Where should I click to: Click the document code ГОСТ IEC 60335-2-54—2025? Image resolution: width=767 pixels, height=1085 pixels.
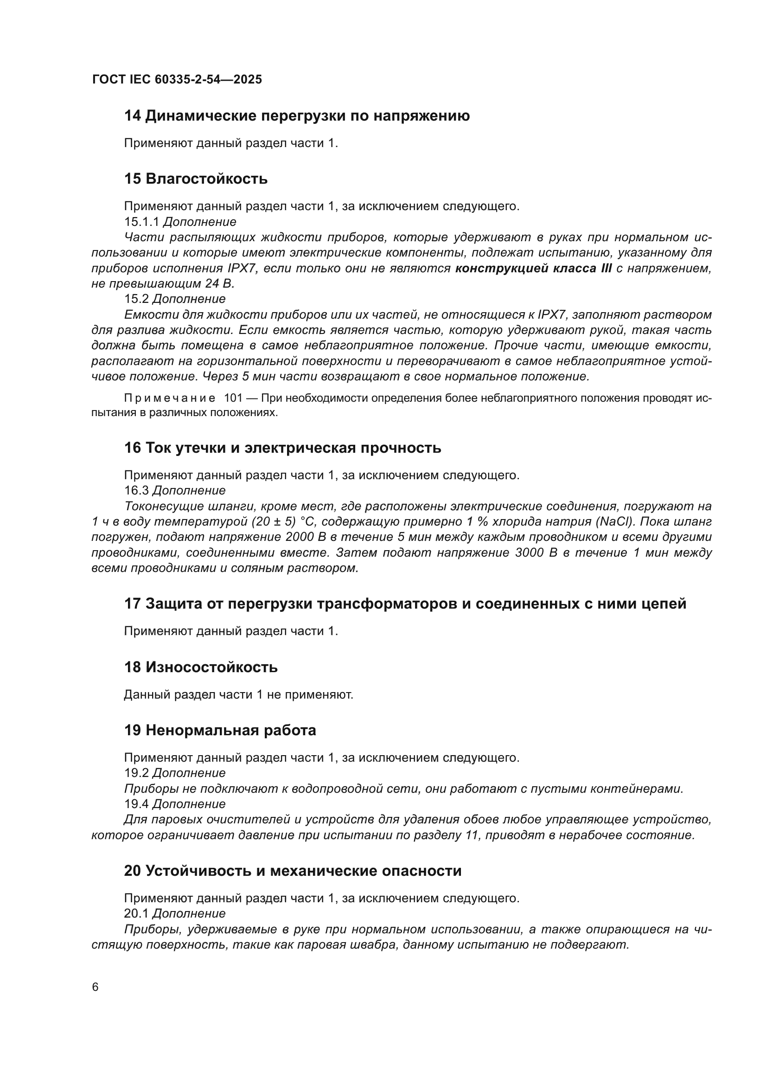point(177,79)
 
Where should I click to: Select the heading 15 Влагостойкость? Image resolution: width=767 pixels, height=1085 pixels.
point(196,179)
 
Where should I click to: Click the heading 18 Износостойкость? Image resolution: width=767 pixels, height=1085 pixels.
point(201,667)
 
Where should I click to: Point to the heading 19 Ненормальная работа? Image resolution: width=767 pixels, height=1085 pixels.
point(220,730)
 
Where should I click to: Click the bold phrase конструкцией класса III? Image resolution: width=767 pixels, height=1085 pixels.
point(533,269)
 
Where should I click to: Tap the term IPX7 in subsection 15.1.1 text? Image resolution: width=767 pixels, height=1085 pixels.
point(241,269)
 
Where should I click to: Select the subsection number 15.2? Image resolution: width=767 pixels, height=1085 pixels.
point(136,299)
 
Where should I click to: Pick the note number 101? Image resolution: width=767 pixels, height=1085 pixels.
point(233,398)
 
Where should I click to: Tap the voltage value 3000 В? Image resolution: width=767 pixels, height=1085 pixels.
point(537,553)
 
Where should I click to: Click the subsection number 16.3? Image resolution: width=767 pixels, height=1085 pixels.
point(136,490)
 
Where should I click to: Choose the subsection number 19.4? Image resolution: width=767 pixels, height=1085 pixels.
point(136,804)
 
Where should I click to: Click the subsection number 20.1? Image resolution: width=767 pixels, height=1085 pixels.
point(136,913)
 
